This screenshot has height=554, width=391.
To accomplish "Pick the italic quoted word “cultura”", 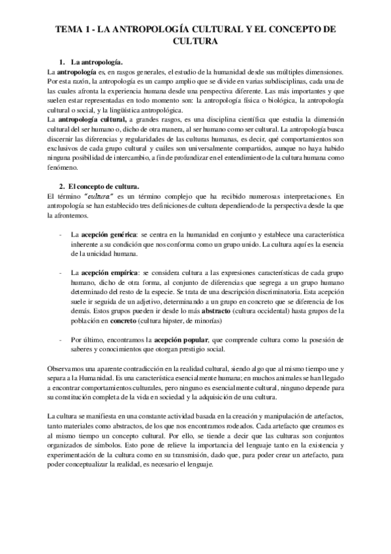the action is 100,198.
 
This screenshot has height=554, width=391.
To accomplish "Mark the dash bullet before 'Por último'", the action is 60,340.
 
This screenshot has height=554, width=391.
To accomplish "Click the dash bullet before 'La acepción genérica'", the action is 60,234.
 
